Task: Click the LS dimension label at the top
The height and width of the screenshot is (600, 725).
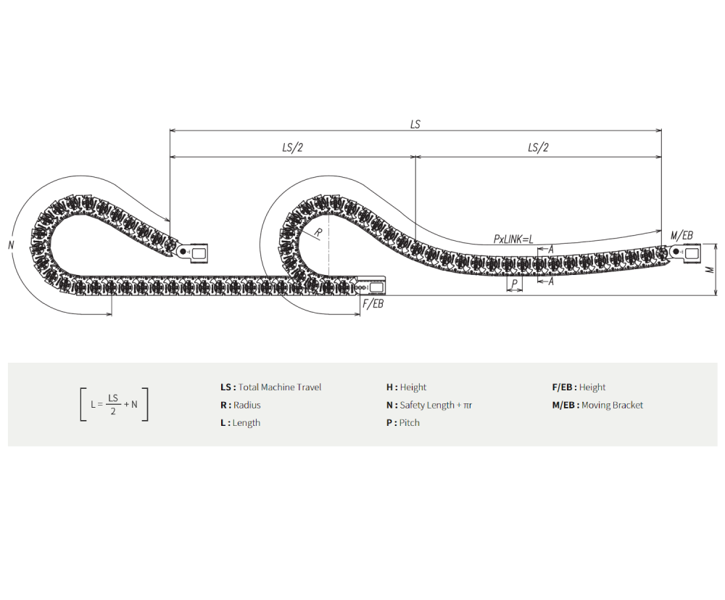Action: tap(415, 125)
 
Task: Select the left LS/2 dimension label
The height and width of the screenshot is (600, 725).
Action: tap(292, 147)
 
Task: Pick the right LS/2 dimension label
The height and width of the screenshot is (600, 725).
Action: tap(538, 147)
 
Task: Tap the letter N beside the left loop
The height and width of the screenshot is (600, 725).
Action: tap(11, 244)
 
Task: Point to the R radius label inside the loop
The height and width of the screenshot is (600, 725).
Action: tap(318, 233)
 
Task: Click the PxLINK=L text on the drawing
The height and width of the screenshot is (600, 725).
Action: tap(513, 239)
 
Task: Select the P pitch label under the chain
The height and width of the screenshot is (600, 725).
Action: tap(514, 284)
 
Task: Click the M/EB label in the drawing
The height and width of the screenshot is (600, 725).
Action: tap(682, 236)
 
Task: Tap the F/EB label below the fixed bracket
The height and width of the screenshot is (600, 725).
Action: tap(373, 304)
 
